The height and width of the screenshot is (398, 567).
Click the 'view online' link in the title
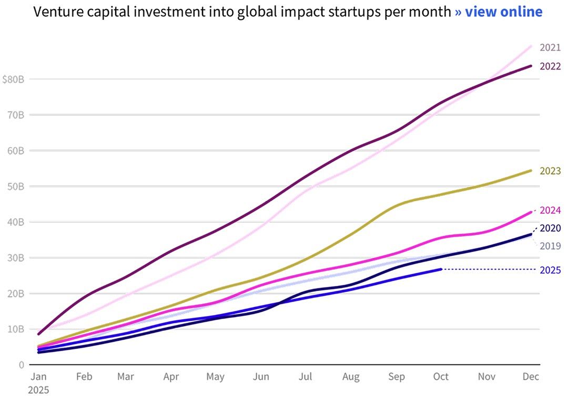(498, 12)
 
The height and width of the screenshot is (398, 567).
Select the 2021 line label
(550, 48)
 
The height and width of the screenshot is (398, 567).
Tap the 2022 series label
(550, 66)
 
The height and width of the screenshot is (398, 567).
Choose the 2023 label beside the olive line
(550, 171)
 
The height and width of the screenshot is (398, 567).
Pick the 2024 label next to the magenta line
(550, 210)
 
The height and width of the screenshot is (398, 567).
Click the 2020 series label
(550, 228)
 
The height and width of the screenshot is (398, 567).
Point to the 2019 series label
(550, 246)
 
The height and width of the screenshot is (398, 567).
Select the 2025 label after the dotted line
(550, 270)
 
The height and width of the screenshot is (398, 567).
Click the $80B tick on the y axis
(13, 79)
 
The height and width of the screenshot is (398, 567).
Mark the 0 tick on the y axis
(21, 365)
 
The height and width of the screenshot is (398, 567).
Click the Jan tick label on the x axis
(39, 377)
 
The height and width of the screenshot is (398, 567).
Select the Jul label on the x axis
(305, 377)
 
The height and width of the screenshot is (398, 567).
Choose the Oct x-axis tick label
(441, 377)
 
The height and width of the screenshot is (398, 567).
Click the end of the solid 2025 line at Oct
(441, 269)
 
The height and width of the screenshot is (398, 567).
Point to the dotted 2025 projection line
(489, 270)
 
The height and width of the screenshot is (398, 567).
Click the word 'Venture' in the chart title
(56, 12)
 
